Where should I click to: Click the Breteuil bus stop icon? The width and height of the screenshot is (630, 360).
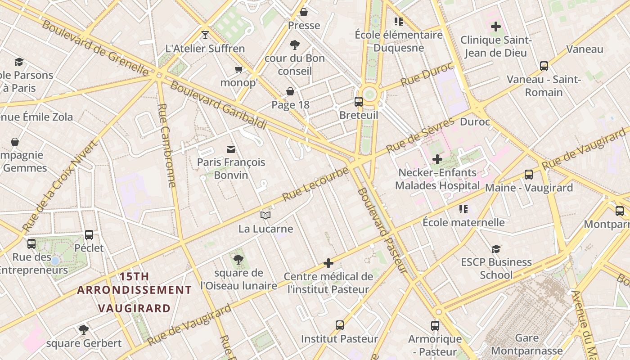358,101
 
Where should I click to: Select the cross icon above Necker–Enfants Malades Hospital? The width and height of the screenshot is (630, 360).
437,159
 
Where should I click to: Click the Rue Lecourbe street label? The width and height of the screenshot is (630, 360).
315,184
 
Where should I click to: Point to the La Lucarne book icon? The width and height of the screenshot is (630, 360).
265,216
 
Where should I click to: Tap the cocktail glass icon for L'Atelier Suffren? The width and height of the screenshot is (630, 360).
205,35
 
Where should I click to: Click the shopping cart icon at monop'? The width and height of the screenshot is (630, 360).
238,69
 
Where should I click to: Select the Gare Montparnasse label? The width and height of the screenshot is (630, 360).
526,344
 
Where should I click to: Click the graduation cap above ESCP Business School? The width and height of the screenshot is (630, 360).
496,249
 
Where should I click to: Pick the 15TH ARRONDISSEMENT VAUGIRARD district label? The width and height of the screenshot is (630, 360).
134,292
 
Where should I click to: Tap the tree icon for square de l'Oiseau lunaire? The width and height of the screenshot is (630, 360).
238,259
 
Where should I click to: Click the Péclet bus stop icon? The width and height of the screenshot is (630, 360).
89,234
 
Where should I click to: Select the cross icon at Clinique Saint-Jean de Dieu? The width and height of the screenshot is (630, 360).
496,27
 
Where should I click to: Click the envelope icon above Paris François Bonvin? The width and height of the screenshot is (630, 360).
231,149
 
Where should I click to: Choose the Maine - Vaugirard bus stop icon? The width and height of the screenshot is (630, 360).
529,174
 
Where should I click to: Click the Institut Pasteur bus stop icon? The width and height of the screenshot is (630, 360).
340,325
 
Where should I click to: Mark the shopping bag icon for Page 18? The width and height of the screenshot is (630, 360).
290,91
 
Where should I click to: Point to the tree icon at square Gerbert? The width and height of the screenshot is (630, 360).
83,329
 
